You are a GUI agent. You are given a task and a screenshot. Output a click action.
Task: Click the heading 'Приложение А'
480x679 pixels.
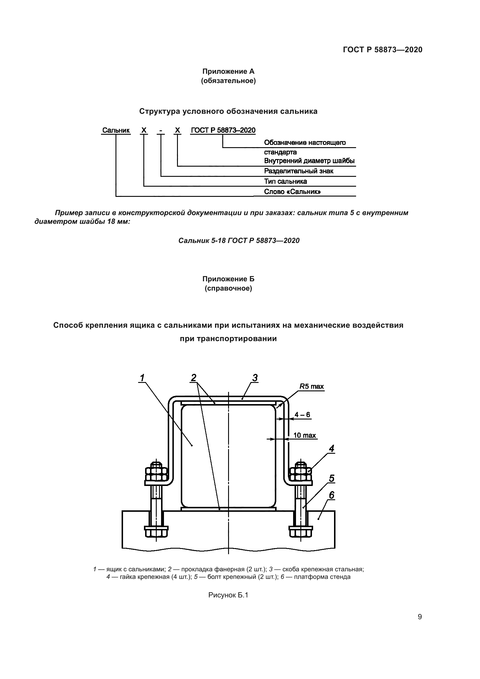[x=228, y=71]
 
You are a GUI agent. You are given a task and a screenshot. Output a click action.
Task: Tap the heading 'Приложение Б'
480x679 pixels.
[x=228, y=279]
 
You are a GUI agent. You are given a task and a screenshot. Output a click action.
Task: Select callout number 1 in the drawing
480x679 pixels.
[x=142, y=378]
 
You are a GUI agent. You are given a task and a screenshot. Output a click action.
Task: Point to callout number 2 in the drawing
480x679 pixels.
[x=194, y=378]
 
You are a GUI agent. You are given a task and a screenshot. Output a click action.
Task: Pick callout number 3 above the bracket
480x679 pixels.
[x=255, y=378]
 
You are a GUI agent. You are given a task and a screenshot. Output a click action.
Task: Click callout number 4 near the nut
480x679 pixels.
[x=331, y=449]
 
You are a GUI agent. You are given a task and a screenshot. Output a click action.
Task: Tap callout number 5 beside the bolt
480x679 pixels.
[x=331, y=478]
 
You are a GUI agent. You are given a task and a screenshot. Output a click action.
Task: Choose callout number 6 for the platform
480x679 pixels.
[x=331, y=495]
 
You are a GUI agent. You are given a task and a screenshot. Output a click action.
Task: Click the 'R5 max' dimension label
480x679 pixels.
[x=311, y=386]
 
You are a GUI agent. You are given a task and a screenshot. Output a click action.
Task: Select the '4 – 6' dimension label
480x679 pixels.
[x=302, y=415]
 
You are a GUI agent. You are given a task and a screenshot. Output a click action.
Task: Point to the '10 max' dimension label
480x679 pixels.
[x=304, y=435]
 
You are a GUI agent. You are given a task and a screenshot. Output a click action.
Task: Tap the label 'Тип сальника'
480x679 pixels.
[x=285, y=181]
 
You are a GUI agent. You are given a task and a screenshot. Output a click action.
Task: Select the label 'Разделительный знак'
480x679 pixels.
[x=299, y=171]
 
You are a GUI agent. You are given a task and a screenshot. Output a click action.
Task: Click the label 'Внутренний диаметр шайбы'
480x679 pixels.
[x=309, y=161]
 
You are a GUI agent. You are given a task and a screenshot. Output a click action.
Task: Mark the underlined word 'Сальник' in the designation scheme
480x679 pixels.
[x=116, y=130]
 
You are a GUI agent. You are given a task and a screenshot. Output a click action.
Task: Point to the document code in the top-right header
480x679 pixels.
[x=382, y=50]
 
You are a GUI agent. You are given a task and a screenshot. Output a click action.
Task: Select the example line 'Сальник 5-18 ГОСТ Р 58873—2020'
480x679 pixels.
[x=239, y=240]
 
